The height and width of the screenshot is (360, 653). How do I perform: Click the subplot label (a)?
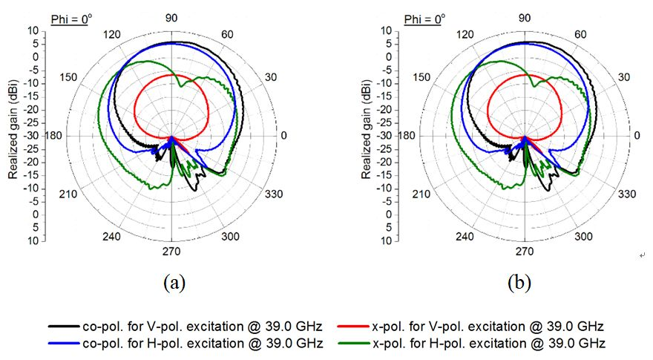(x=172, y=283)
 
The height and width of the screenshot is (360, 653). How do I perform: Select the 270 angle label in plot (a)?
(x=171, y=250)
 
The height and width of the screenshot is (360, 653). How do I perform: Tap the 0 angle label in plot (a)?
(x=283, y=137)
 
